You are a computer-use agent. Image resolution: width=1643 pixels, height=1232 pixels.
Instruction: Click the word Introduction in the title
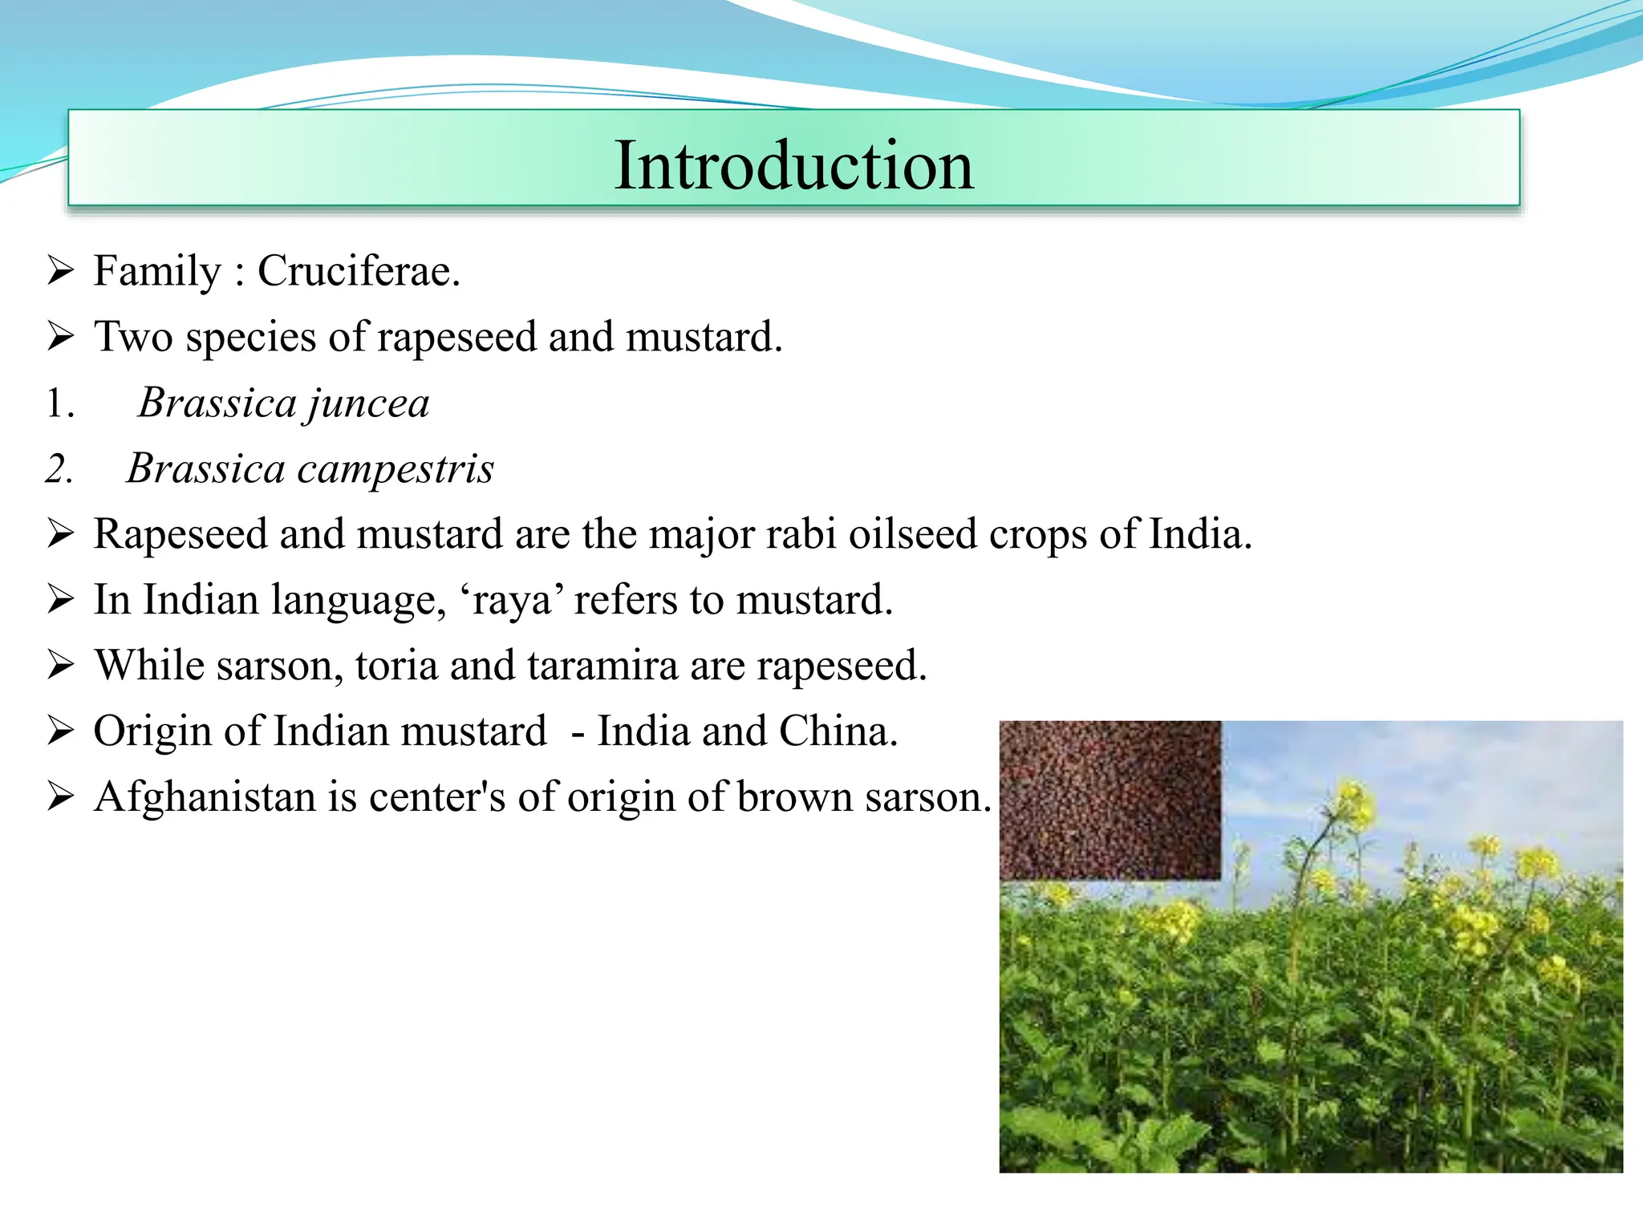(793, 165)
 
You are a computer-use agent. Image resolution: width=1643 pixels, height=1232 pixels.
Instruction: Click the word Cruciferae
(358, 271)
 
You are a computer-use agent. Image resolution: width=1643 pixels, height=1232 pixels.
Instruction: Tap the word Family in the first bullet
(156, 271)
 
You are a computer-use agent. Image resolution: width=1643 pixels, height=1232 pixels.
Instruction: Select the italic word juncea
(368, 403)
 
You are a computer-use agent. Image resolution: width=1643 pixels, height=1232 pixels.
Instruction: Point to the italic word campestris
(395, 468)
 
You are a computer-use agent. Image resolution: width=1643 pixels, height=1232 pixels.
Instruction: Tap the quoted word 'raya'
(511, 600)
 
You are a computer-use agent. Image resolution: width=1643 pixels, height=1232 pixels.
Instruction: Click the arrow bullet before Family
(60, 271)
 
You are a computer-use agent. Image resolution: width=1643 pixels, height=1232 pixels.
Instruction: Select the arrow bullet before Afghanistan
(60, 797)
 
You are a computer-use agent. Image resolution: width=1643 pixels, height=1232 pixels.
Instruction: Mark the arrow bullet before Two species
(60, 337)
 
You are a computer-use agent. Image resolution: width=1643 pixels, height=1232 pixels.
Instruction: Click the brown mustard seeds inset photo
(1110, 800)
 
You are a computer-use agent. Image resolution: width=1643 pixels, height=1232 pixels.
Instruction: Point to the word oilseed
(913, 534)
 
